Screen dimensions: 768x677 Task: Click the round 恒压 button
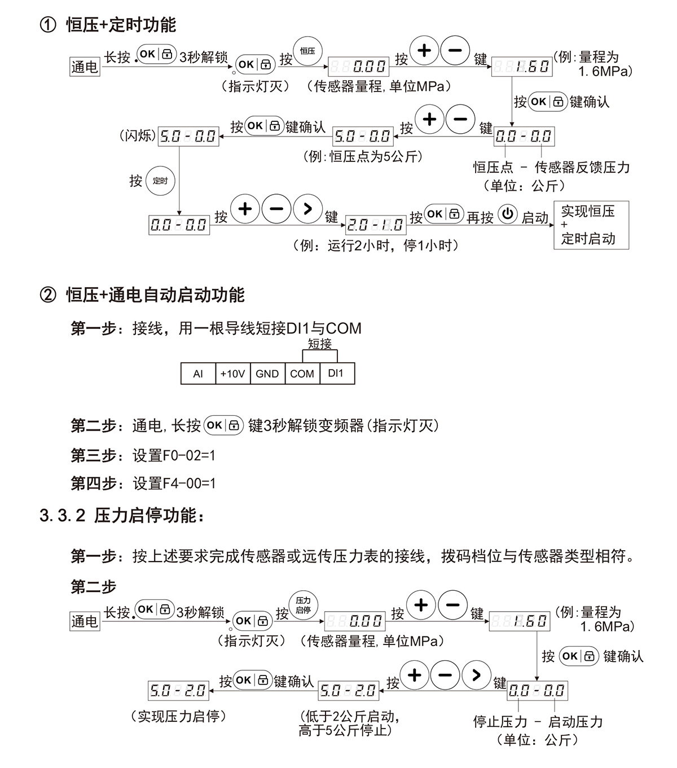[x=307, y=51]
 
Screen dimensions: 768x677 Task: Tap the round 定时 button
[x=160, y=181]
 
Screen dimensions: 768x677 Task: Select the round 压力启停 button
[x=304, y=605]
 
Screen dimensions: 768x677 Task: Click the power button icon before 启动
[x=508, y=214]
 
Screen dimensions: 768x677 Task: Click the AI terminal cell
[x=198, y=374]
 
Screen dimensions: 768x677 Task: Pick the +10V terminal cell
[x=232, y=374]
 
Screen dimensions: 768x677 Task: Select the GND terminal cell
[x=267, y=374]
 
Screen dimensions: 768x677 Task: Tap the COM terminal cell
[x=302, y=374]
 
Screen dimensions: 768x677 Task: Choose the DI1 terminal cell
[x=336, y=374]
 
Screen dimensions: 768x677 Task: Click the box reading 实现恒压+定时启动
[x=591, y=225]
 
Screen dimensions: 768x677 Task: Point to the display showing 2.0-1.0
[x=375, y=225]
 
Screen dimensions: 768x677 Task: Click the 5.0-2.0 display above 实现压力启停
[x=178, y=690]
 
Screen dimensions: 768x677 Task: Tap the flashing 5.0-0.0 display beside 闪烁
[x=188, y=136]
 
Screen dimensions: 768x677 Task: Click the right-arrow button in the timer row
[x=307, y=208]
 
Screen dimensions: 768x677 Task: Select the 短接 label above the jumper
[x=319, y=344]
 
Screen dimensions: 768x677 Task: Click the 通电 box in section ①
[x=85, y=67]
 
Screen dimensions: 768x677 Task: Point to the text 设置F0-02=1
[x=174, y=455]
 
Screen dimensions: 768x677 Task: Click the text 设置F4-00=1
[x=174, y=484]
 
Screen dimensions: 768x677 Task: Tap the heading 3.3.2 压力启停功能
[x=122, y=516]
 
